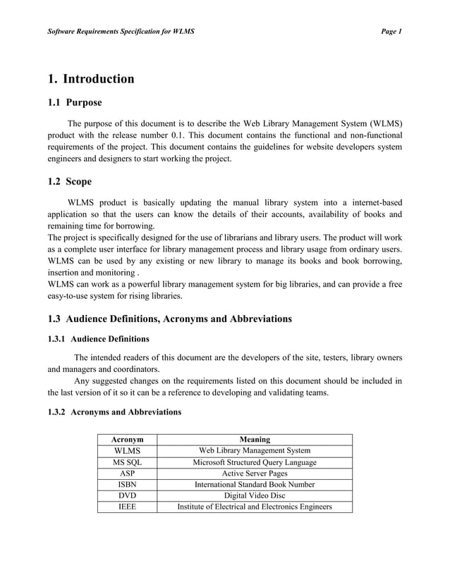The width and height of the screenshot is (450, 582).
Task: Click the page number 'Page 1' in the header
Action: coord(390,32)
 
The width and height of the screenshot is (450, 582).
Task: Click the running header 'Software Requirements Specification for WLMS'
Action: coord(120,32)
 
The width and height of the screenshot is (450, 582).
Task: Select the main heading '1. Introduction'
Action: coord(90,78)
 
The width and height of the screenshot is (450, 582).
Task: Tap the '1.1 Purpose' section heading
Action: coord(74,103)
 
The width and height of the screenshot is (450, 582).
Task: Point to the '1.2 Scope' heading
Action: coord(71,182)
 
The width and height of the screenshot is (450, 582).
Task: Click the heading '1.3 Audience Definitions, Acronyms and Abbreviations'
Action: coord(169,318)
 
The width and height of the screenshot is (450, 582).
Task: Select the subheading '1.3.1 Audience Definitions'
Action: coord(98,338)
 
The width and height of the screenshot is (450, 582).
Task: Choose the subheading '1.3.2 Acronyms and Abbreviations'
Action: coord(114,411)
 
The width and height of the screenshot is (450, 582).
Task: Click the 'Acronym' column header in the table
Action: coord(128,440)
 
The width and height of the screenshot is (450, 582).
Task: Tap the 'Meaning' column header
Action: coord(254,440)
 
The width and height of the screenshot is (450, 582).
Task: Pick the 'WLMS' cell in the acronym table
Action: coord(128,451)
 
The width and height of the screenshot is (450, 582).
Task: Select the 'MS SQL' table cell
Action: coord(128,462)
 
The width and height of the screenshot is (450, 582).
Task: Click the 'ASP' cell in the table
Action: coord(128,473)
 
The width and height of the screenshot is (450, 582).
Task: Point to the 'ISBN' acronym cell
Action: coord(128,485)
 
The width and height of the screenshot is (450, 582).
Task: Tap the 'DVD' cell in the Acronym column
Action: coord(128,495)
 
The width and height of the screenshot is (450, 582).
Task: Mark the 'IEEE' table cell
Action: coord(128,507)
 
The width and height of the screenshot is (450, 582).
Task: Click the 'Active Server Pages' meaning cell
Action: coord(254,473)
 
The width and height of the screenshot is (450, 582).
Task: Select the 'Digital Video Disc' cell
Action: coord(254,495)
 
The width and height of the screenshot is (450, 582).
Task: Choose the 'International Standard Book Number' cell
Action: coord(254,485)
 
